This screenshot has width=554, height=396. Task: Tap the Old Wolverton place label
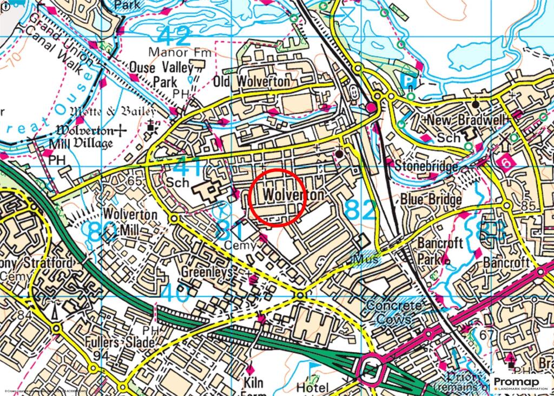click(252, 82)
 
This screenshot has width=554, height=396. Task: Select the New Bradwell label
click(457, 120)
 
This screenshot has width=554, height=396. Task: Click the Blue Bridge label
click(431, 199)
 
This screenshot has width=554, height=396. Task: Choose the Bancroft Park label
click(440, 250)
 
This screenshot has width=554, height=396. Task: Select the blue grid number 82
click(360, 210)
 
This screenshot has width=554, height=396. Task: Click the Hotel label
click(312, 387)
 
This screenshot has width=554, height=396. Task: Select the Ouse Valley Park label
click(161, 74)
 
